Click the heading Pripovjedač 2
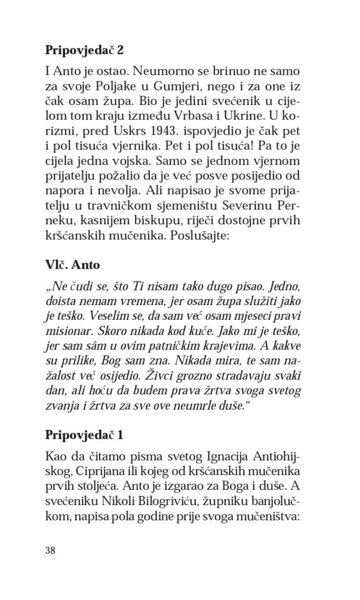tap(84, 50)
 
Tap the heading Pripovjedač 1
tap(84, 434)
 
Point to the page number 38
tap(50, 550)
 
